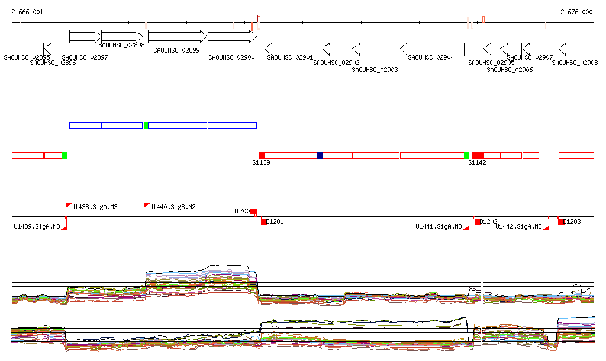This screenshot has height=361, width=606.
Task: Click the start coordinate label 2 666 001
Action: tap(27, 12)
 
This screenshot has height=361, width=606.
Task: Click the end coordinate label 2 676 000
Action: tap(576, 12)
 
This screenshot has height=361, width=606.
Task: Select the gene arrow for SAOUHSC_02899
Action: tap(176, 37)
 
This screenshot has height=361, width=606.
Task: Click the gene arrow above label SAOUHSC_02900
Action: tap(231, 37)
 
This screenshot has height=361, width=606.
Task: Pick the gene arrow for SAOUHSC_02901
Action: tap(291, 48)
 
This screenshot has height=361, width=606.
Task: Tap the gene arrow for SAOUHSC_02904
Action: tap(432, 48)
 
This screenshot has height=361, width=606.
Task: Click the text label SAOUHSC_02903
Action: tap(375, 70)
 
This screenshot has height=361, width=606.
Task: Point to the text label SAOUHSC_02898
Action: tap(122, 45)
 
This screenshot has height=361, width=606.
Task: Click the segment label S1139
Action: tap(261, 162)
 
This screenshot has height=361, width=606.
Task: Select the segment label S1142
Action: tap(477, 162)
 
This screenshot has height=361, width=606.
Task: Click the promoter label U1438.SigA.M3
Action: tap(94, 207)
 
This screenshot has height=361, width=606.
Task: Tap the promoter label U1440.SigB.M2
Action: tap(172, 207)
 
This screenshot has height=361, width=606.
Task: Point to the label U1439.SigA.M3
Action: tap(37, 226)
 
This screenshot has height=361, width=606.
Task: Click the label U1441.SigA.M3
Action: tap(439, 226)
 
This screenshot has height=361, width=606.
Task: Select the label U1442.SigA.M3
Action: tap(518, 226)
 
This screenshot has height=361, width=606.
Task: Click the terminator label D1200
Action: tap(241, 210)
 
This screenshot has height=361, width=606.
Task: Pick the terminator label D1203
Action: tap(572, 222)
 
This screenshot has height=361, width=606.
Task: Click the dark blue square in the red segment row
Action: tap(320, 155)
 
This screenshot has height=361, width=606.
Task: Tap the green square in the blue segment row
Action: tap(146, 125)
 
